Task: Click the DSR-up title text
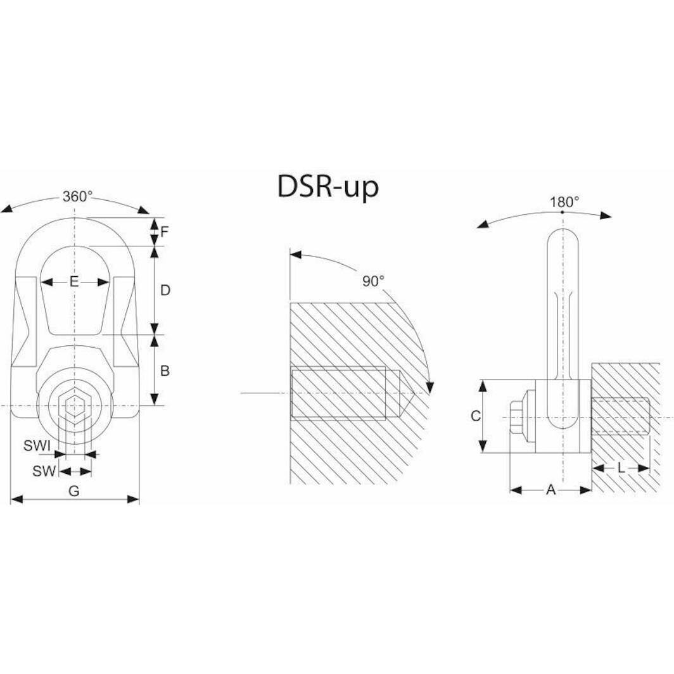pos(327,187)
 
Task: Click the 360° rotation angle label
pos(77,196)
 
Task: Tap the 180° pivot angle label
pos(564,202)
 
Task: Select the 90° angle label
pos(373,281)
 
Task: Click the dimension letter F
pos(164,232)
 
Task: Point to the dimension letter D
pos(165,290)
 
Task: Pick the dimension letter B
pos(165,371)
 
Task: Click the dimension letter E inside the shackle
pos(74,282)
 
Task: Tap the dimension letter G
pos(74,491)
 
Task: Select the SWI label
pos(37,446)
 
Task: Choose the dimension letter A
pos(550,490)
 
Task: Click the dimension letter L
pos(621,468)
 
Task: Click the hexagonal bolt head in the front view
pos(75,405)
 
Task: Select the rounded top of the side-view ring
pos(563,238)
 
